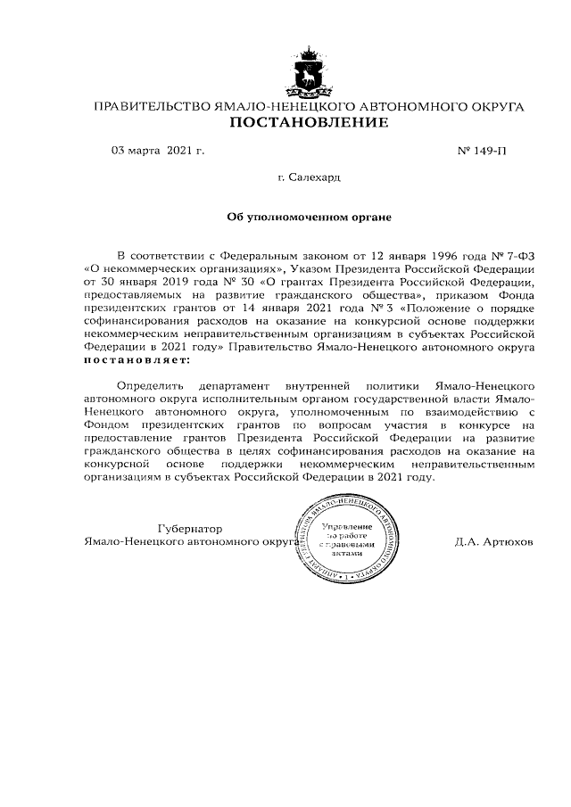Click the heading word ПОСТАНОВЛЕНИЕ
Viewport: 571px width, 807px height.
click(310, 122)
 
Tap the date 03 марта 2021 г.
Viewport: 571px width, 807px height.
click(158, 151)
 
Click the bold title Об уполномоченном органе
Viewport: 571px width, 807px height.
click(310, 217)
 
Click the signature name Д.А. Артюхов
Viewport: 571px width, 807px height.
click(494, 541)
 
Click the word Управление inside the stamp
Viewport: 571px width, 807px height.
click(341, 529)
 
